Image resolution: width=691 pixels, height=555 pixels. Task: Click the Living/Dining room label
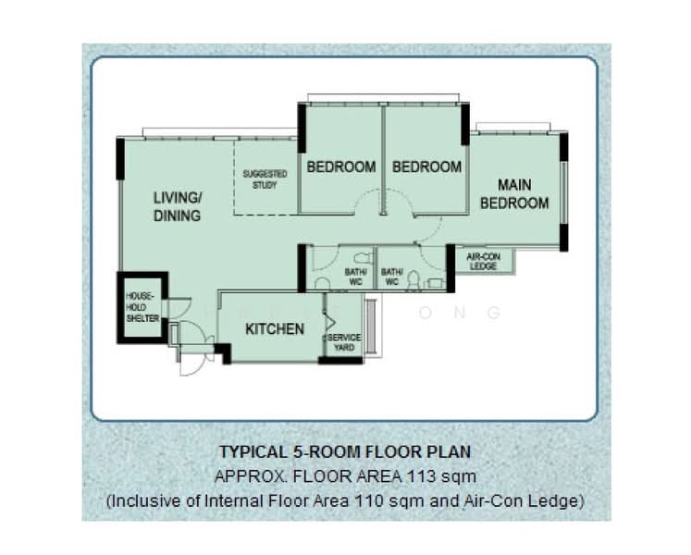[x=178, y=206]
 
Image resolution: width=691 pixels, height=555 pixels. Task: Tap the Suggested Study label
[x=265, y=179]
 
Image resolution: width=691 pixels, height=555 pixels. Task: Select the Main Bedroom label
[x=514, y=194]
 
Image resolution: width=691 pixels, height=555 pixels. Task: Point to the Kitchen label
[x=275, y=329]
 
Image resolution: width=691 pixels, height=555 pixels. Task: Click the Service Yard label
[x=344, y=342]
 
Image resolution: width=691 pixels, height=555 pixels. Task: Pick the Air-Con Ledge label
[x=484, y=262]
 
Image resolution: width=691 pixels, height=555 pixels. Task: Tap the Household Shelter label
[x=142, y=307]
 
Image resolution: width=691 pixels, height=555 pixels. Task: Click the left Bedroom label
[x=341, y=167]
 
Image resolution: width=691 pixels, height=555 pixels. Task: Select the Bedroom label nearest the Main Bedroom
[x=426, y=167]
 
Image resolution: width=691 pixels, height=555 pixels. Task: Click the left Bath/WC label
[x=355, y=277]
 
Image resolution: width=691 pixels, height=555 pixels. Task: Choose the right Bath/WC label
[x=392, y=277]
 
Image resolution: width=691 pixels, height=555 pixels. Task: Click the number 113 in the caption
[x=420, y=476]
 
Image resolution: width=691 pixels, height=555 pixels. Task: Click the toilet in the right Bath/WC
[x=413, y=281]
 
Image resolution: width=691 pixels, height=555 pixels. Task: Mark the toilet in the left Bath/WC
[x=363, y=258]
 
